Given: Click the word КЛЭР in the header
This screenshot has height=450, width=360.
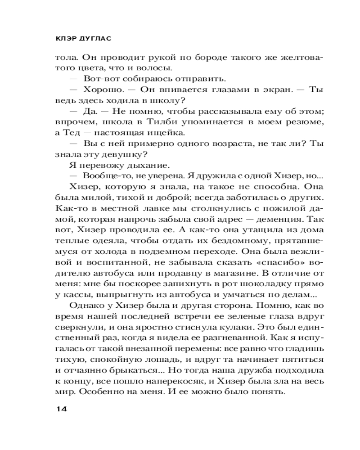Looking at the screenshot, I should pos(63,39).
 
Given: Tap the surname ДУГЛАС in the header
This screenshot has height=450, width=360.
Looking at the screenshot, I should pos(93,39).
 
